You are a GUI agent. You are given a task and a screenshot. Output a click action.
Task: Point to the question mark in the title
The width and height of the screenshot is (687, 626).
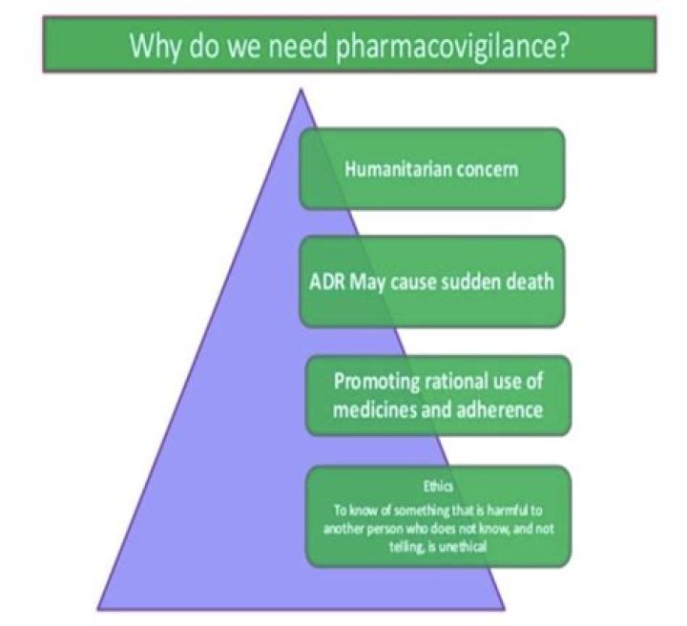pos(566,45)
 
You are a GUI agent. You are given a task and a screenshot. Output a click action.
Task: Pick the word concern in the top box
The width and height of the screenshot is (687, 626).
pos(485,170)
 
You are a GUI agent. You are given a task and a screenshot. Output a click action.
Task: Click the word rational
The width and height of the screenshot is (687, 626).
pos(455,382)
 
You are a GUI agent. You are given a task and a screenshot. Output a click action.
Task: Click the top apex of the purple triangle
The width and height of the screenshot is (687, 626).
pos(302,91)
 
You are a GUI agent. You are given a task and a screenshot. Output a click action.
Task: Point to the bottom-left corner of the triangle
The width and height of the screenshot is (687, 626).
pos(99,607)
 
